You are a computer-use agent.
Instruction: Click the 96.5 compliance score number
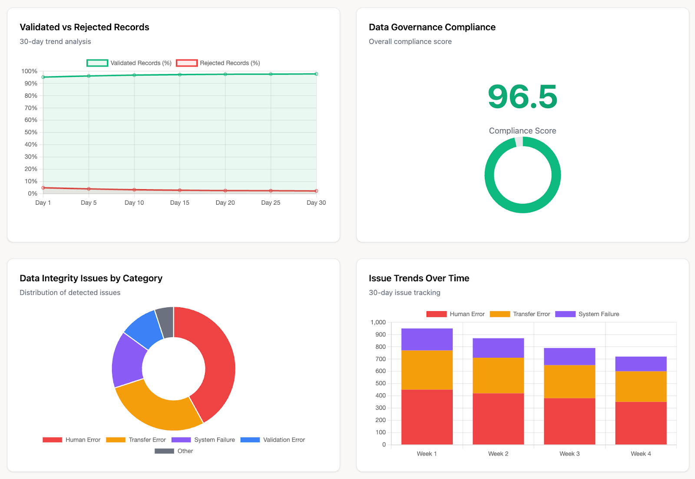[522, 96]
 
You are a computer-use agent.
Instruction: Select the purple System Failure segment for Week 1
[427, 339]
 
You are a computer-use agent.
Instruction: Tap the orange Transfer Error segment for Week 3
[569, 381]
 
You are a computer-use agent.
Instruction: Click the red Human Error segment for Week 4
[641, 422]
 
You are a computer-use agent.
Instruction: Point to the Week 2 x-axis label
[498, 453]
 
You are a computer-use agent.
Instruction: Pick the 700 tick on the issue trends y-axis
[380, 359]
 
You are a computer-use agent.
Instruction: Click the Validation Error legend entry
[273, 439]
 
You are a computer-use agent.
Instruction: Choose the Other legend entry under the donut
[174, 451]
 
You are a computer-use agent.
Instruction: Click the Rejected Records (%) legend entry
[218, 63]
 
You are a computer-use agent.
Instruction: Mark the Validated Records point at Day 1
[43, 77]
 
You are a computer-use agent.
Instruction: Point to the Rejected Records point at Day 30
[316, 191]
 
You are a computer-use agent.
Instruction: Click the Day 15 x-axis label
[179, 203]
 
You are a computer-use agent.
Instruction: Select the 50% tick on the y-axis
[31, 132]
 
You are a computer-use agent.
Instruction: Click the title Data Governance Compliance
[432, 27]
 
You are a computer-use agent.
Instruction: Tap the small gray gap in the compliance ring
[519, 142]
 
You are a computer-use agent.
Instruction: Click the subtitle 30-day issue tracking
[404, 293]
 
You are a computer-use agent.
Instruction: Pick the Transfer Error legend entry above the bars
[520, 314]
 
